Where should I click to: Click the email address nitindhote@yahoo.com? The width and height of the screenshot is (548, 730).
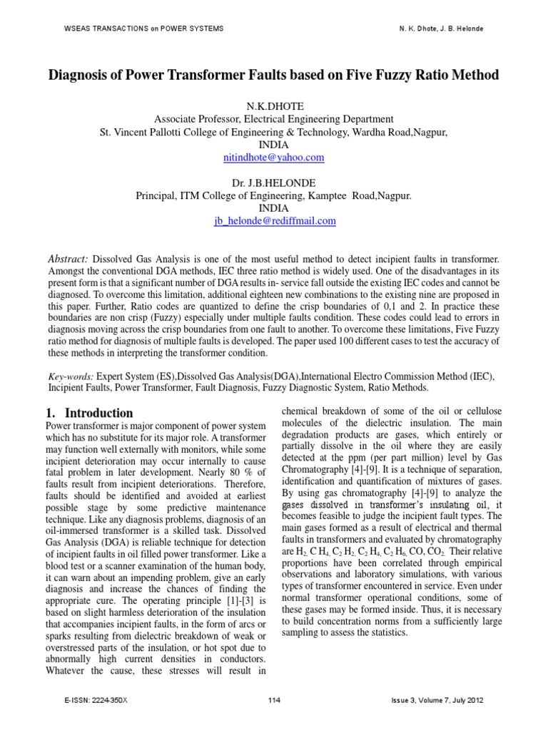pyautogui.click(x=274, y=157)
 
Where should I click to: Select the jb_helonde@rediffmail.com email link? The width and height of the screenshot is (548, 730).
pyautogui.click(x=274, y=221)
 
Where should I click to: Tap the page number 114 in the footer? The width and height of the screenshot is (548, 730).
pyautogui.click(x=274, y=701)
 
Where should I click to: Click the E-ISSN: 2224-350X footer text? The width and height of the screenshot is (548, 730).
pyautogui.click(x=96, y=701)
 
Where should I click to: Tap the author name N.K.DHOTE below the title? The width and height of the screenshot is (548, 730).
pyautogui.click(x=274, y=106)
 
